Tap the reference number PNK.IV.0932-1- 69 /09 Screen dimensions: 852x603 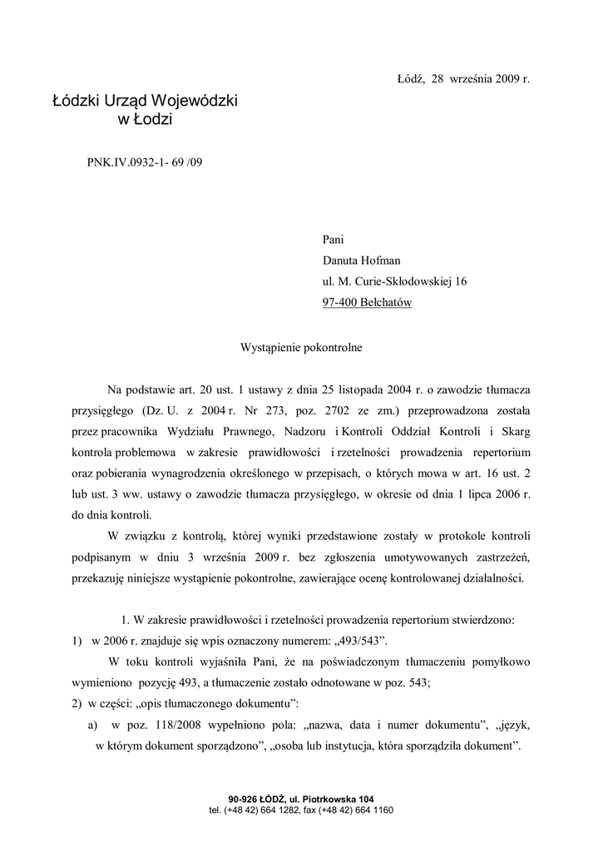click(x=144, y=161)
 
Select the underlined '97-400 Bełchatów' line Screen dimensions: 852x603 click(x=367, y=303)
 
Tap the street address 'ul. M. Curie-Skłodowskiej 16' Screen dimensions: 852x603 click(x=394, y=282)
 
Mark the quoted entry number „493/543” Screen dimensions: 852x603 click(x=351, y=641)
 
